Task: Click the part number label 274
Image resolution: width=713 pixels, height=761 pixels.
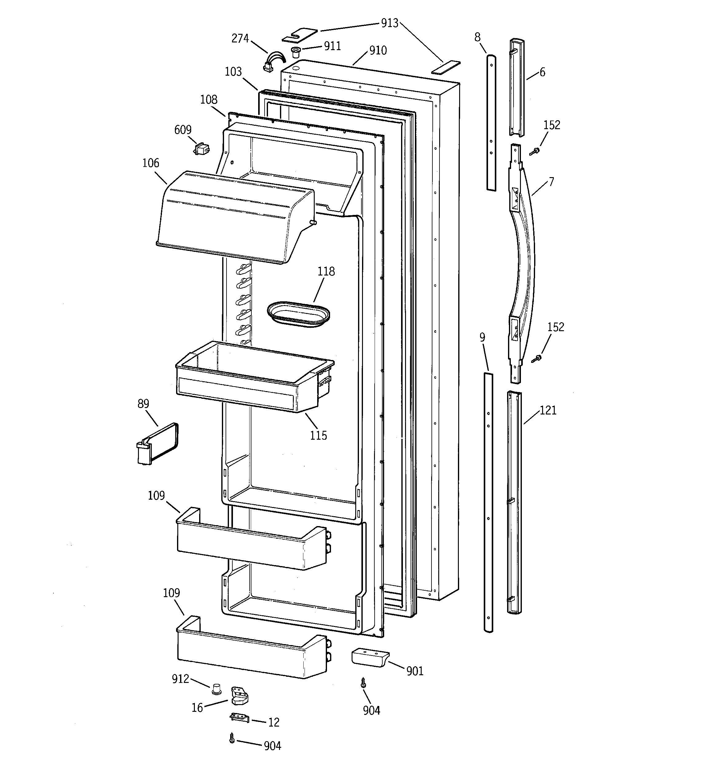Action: pos(240,39)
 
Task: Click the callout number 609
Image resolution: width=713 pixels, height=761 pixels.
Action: pos(183,130)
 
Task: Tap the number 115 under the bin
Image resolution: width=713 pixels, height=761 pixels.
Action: pos(318,436)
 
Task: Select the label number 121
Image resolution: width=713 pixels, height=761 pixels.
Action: pos(548,410)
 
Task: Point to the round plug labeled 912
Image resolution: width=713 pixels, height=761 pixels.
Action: pos(217,689)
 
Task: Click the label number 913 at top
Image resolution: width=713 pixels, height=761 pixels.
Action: pos(390,23)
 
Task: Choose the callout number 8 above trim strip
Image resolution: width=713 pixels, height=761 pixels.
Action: pos(477,37)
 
